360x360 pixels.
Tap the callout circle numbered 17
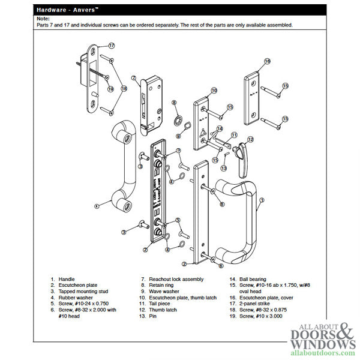(x=111, y=46)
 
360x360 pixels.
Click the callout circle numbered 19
(x=110, y=89)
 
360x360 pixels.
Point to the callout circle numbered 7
(x=135, y=78)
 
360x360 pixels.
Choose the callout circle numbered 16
(x=267, y=61)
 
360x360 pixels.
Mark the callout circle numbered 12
(x=250, y=140)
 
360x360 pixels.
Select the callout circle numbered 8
(x=174, y=104)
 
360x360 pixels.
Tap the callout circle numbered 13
(x=224, y=169)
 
